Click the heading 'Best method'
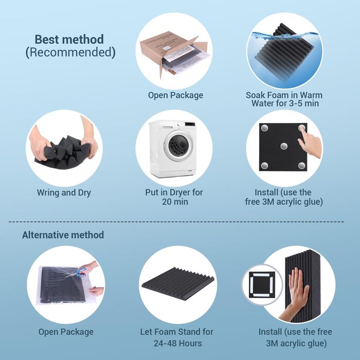coord(69,39)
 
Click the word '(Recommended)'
coord(70,52)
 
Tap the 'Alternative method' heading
coord(63,235)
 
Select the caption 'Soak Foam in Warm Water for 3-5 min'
coord(284,99)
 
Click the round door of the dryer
coord(179,146)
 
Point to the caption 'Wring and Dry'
coord(64,193)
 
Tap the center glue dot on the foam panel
coord(284,146)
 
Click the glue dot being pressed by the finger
coord(302,128)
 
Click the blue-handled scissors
coord(78,272)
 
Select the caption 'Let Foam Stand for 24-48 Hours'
coord(177,337)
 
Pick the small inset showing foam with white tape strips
coord(262,284)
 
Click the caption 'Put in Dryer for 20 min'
coord(174,197)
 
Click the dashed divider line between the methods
coord(176,222)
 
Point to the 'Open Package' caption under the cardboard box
coord(175,95)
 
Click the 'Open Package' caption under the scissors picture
coord(66,332)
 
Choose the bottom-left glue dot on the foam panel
coord(264,165)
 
